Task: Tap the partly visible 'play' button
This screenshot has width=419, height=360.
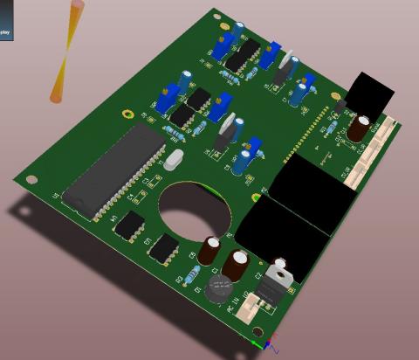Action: pyautogui.click(x=4, y=32)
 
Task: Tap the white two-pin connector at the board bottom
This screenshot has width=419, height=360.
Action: pyautogui.click(x=250, y=308)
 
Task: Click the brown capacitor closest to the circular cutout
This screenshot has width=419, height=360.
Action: pyautogui.click(x=210, y=248)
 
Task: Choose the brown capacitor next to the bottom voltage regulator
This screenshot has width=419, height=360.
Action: pyautogui.click(x=237, y=267)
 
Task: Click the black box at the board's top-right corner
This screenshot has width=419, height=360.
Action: pyautogui.click(x=370, y=92)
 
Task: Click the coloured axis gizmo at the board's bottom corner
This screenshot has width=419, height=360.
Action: pyautogui.click(x=266, y=344)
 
